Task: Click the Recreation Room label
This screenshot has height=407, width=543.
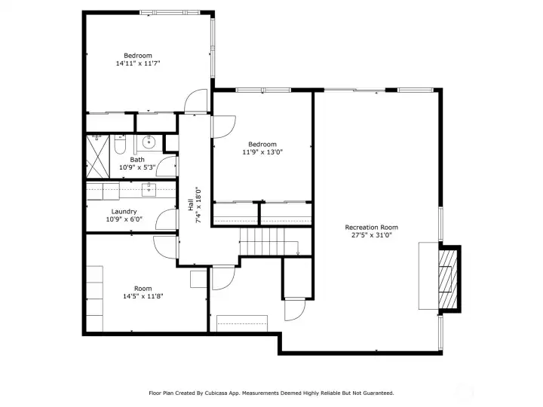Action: point(371,228)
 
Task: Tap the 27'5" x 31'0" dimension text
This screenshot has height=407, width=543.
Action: point(371,235)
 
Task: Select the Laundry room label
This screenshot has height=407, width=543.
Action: point(124,212)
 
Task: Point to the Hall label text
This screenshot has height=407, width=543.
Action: point(191,204)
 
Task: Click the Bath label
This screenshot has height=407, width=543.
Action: point(137,160)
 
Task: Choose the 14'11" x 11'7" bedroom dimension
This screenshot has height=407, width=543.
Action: point(138,63)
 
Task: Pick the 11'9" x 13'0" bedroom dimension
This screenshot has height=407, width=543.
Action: point(262,152)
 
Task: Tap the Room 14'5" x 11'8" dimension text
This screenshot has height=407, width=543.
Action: point(143,296)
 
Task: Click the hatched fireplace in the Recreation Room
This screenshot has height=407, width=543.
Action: point(448,279)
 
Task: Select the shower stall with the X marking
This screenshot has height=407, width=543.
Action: point(97,157)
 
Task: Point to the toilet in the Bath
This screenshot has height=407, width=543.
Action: point(120,145)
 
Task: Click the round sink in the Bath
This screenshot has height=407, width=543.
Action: point(149,142)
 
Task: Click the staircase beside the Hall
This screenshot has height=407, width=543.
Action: point(269,242)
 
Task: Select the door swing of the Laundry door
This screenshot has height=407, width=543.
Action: point(167,219)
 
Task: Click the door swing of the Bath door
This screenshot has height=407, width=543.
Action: point(167,167)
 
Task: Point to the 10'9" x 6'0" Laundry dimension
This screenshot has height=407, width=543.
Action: point(124,219)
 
